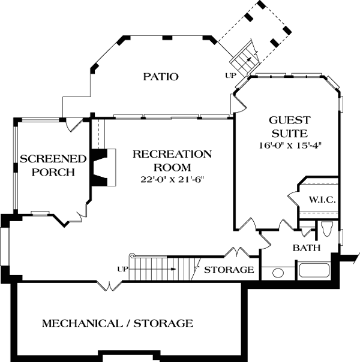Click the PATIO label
[161, 77]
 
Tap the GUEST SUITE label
[289, 126]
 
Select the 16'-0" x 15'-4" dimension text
[289, 146]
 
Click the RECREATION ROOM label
[172, 161]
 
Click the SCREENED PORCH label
[53, 165]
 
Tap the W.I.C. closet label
[322, 200]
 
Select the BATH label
[306, 248]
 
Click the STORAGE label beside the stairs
[229, 270]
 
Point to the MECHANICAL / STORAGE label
[118, 324]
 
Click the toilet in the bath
[326, 229]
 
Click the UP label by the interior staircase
[122, 268]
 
